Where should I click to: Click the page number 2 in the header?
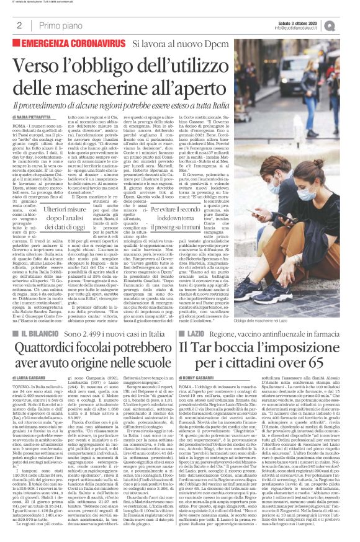pyautogui.click(x=20, y=25)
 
